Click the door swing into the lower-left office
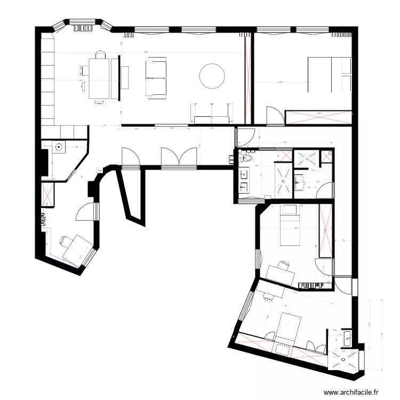pos(86,213)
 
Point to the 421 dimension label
pos(285,142)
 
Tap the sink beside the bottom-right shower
pos(347,337)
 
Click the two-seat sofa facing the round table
pos(155,78)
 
